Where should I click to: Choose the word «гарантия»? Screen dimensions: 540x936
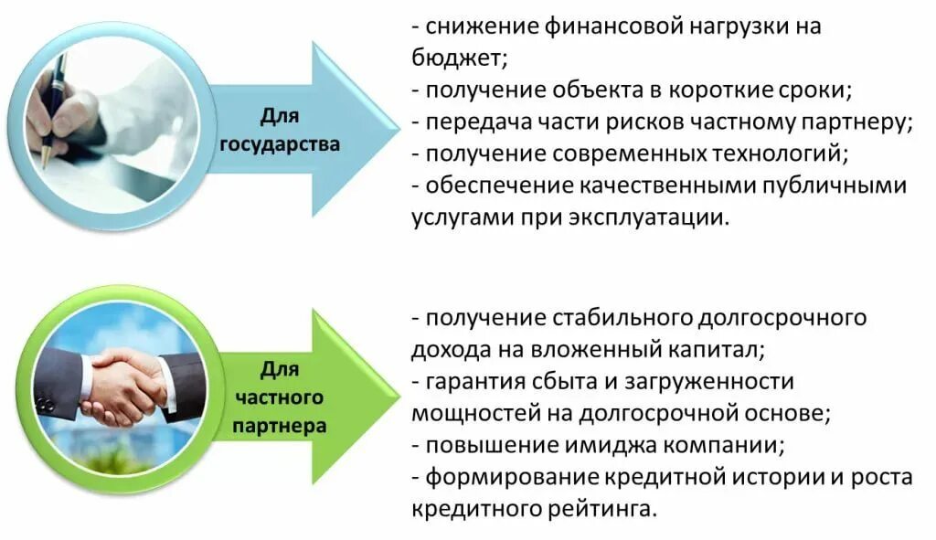(472, 380)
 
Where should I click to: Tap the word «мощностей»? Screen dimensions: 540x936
(471, 412)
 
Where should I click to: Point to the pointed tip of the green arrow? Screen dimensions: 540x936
(399, 394)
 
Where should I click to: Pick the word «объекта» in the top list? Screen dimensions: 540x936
(593, 90)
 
